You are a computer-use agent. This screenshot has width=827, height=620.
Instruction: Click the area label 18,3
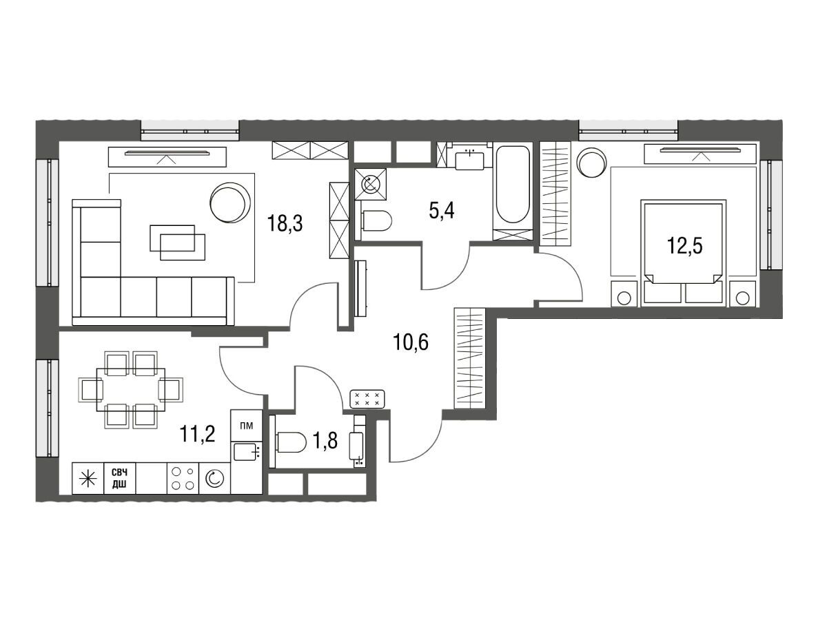pyautogui.click(x=285, y=224)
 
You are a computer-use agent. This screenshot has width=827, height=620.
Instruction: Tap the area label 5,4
pyautogui.click(x=442, y=211)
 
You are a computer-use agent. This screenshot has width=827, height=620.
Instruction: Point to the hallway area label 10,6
pyautogui.click(x=410, y=342)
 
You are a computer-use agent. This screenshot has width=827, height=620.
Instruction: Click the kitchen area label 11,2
pyautogui.click(x=197, y=434)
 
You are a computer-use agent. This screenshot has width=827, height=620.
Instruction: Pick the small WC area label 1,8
pyautogui.click(x=325, y=441)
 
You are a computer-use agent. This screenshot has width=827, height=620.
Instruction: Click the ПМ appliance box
pyautogui.click(x=247, y=426)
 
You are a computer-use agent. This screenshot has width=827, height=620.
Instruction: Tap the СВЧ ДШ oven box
pyautogui.click(x=119, y=478)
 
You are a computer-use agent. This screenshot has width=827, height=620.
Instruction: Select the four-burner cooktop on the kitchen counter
pyautogui.click(x=183, y=478)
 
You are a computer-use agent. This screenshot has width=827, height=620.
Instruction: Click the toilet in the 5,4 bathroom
pyautogui.click(x=376, y=220)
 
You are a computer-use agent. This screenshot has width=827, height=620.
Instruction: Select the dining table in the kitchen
pyautogui.click(x=131, y=390)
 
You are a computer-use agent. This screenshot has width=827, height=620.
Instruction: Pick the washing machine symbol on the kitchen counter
pyautogui.click(x=214, y=478)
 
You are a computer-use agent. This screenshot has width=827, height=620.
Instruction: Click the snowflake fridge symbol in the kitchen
pyautogui.click(x=88, y=478)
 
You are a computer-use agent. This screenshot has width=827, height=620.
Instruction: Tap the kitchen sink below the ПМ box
pyautogui.click(x=247, y=452)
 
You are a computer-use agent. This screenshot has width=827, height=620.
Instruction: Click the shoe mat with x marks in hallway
pyautogui.click(x=367, y=399)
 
